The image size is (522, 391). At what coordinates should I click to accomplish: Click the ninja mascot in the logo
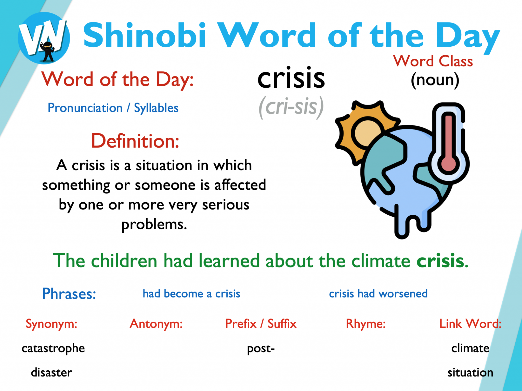click(x=47, y=51)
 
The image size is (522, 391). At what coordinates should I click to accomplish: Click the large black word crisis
click(x=291, y=78)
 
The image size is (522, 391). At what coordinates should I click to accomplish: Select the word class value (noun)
click(x=435, y=80)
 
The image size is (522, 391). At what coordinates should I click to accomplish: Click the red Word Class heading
click(x=433, y=61)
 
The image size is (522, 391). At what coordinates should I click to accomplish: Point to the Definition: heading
click(x=135, y=141)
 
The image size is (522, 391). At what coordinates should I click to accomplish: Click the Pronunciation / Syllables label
click(x=113, y=108)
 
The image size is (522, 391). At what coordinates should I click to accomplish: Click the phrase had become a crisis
click(x=191, y=294)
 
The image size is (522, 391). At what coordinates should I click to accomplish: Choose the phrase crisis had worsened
click(x=378, y=294)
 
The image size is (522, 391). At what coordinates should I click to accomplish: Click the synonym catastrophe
click(x=53, y=348)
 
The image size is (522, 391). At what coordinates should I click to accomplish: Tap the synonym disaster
click(x=51, y=373)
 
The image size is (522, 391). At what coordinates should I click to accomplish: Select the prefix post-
click(x=261, y=348)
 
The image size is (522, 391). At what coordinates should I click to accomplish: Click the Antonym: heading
click(x=156, y=324)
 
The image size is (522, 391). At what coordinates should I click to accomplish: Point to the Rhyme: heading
click(x=366, y=324)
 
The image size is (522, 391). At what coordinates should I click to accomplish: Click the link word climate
click(x=470, y=348)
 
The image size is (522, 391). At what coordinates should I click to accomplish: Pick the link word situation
click(x=470, y=373)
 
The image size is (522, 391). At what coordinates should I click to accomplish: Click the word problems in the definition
click(x=154, y=225)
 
